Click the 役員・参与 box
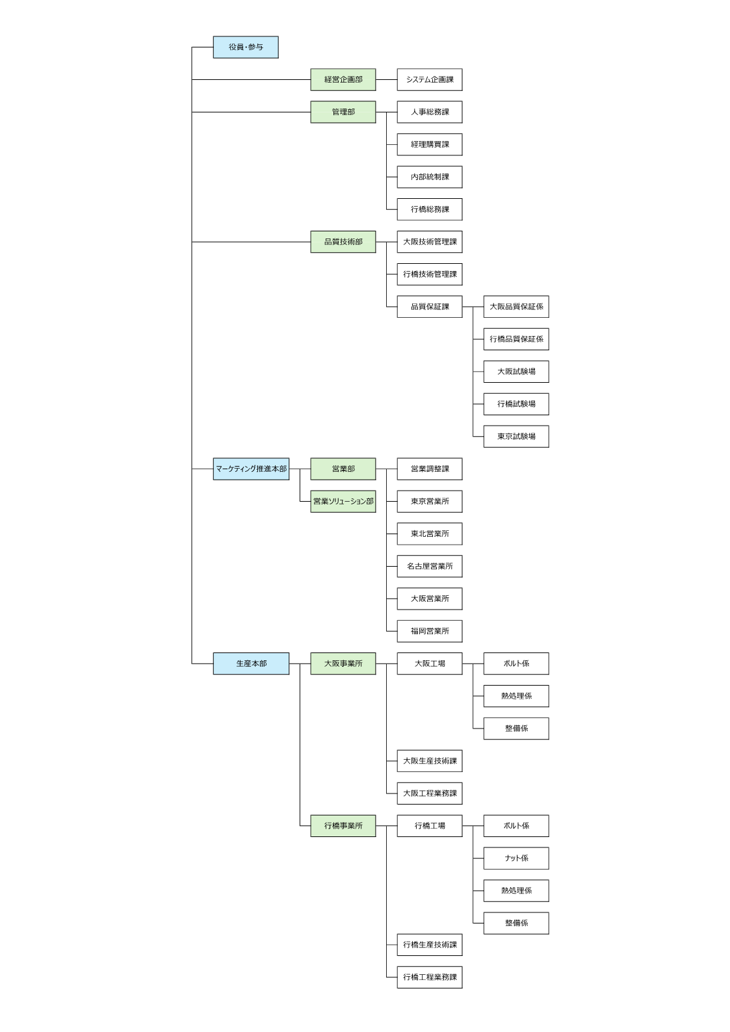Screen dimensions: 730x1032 (246, 47)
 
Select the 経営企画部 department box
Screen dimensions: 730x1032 (343, 80)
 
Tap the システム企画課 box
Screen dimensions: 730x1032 (430, 80)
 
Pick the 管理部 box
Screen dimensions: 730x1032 (343, 112)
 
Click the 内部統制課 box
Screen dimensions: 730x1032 (430, 177)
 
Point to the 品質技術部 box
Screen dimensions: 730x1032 (343, 242)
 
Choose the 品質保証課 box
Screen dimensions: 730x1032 (430, 307)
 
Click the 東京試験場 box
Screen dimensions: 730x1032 (516, 436)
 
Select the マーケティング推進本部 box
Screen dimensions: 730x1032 (251, 469)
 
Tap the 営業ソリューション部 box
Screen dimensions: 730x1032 (343, 501)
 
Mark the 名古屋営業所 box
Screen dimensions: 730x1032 (430, 566)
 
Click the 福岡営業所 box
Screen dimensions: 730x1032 (430, 631)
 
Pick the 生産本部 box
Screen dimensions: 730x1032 (251, 664)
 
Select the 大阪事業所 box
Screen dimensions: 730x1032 (343, 664)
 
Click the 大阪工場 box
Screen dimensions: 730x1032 (430, 664)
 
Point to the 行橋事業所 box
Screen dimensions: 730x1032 (343, 825)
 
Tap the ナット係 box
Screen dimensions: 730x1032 (516, 858)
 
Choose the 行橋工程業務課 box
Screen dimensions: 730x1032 (430, 977)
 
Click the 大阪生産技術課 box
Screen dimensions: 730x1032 (430, 760)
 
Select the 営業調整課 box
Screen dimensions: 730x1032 (430, 469)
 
